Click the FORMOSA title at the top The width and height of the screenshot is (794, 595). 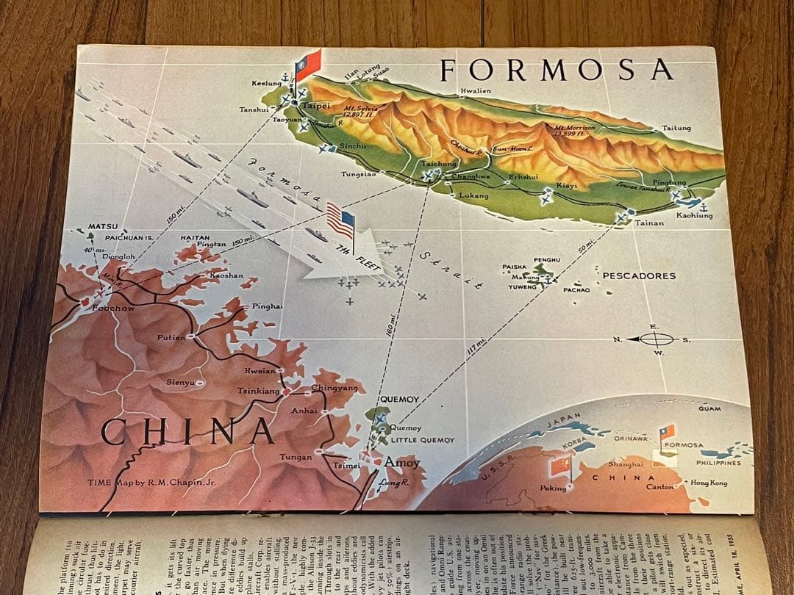(556, 69)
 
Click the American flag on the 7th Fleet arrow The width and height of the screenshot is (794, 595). (340, 220)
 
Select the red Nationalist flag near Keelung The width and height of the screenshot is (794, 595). (307, 65)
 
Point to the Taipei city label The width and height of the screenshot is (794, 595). (316, 106)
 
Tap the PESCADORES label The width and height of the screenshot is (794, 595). (638, 276)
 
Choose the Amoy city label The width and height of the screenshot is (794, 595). (402, 463)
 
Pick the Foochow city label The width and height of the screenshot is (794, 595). (113, 309)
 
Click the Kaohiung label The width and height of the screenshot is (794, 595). (695, 215)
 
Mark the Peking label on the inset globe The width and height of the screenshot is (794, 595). (553, 488)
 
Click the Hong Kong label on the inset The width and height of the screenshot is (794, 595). (709, 483)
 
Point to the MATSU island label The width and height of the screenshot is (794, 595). (103, 226)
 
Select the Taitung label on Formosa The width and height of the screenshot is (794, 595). (676, 128)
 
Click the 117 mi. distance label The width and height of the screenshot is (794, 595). (476, 345)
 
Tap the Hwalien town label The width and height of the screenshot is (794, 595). (475, 92)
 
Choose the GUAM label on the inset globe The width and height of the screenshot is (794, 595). (709, 408)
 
